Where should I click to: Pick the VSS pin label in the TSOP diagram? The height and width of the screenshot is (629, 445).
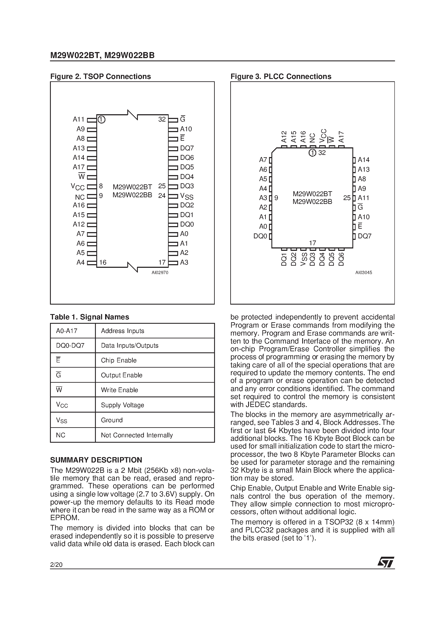187,196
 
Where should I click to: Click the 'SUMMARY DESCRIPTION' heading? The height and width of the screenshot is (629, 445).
96,460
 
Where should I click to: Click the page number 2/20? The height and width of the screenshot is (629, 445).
56,565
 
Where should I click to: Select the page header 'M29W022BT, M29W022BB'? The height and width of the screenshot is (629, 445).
102,56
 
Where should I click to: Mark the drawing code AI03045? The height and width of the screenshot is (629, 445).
364,273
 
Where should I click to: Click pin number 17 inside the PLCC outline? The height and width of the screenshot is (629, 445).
313,243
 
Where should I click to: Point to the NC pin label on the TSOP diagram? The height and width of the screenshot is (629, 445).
80,197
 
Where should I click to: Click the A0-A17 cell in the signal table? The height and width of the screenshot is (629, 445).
67,331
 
